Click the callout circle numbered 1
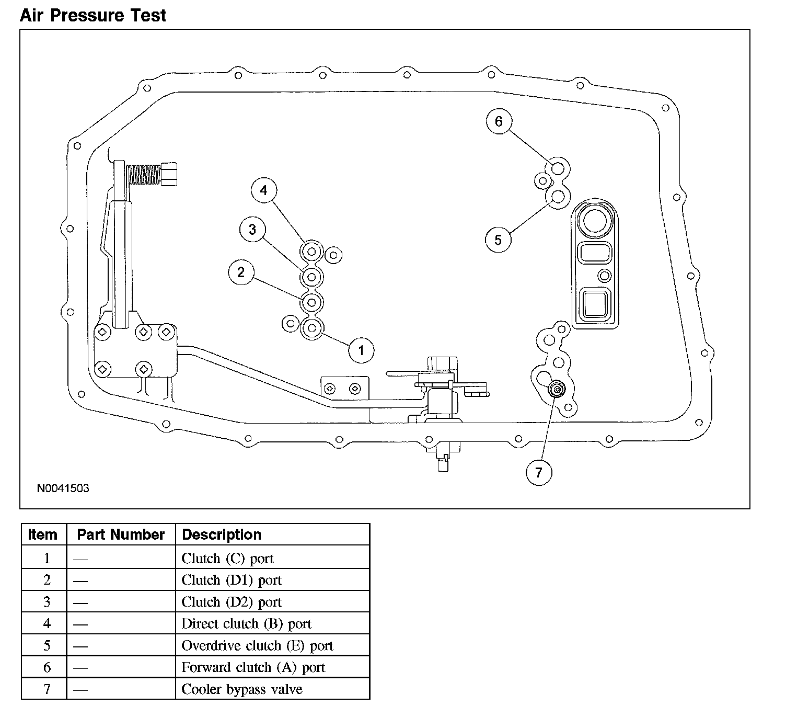tap(361, 350)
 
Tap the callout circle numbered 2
tap(241, 272)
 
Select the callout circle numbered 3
tap(252, 230)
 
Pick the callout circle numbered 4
tap(263, 190)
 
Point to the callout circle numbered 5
tap(498, 240)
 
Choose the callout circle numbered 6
tap(499, 121)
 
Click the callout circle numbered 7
tap(539, 473)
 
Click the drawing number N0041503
tap(63, 488)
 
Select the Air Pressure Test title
tap(93, 15)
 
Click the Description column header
tap(221, 535)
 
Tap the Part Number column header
tap(121, 534)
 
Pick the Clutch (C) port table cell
tap(227, 559)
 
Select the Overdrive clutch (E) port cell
tap(257, 646)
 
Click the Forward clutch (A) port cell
tap(253, 668)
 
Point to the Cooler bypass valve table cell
tap(241, 689)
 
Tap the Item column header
tap(43, 535)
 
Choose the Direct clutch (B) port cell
tap(246, 624)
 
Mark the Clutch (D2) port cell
tap(231, 602)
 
